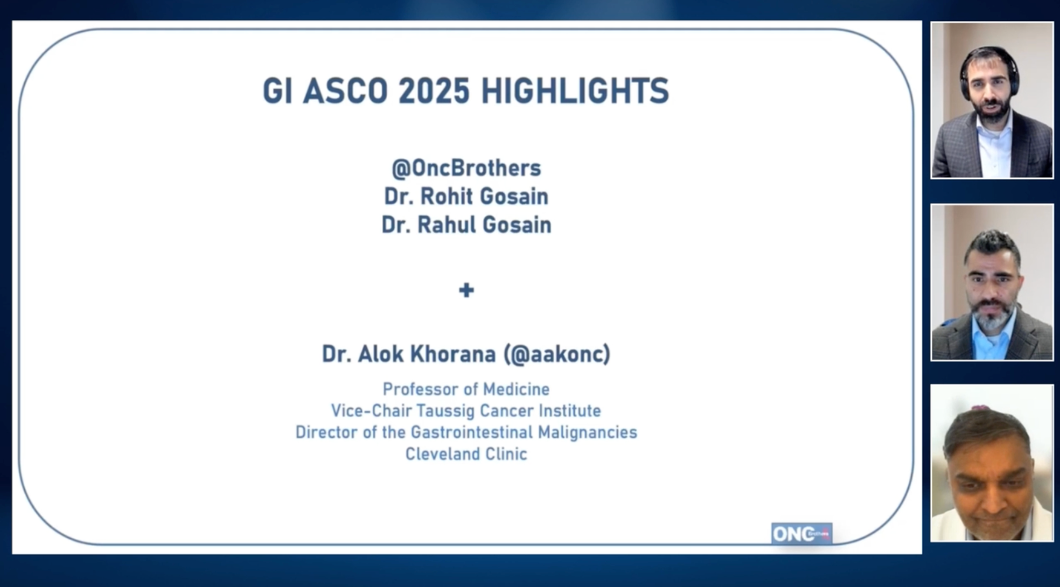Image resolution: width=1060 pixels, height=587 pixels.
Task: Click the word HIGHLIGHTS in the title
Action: coord(575,90)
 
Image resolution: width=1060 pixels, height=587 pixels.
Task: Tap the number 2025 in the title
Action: coord(434,90)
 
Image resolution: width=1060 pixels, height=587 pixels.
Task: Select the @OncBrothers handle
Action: coord(466,168)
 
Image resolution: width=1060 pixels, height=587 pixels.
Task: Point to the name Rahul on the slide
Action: coord(446,225)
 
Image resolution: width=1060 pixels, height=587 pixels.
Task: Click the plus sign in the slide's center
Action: coord(466,290)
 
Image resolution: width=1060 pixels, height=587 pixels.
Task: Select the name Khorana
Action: coord(453,354)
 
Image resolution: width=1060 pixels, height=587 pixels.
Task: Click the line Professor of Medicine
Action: coord(466,389)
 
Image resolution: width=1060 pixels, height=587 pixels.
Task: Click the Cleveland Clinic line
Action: coord(466,454)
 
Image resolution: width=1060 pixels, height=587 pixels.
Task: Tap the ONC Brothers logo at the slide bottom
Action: coord(801,534)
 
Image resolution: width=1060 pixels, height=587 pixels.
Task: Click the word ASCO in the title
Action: coord(345,90)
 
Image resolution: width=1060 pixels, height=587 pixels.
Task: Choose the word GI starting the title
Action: coord(277,90)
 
